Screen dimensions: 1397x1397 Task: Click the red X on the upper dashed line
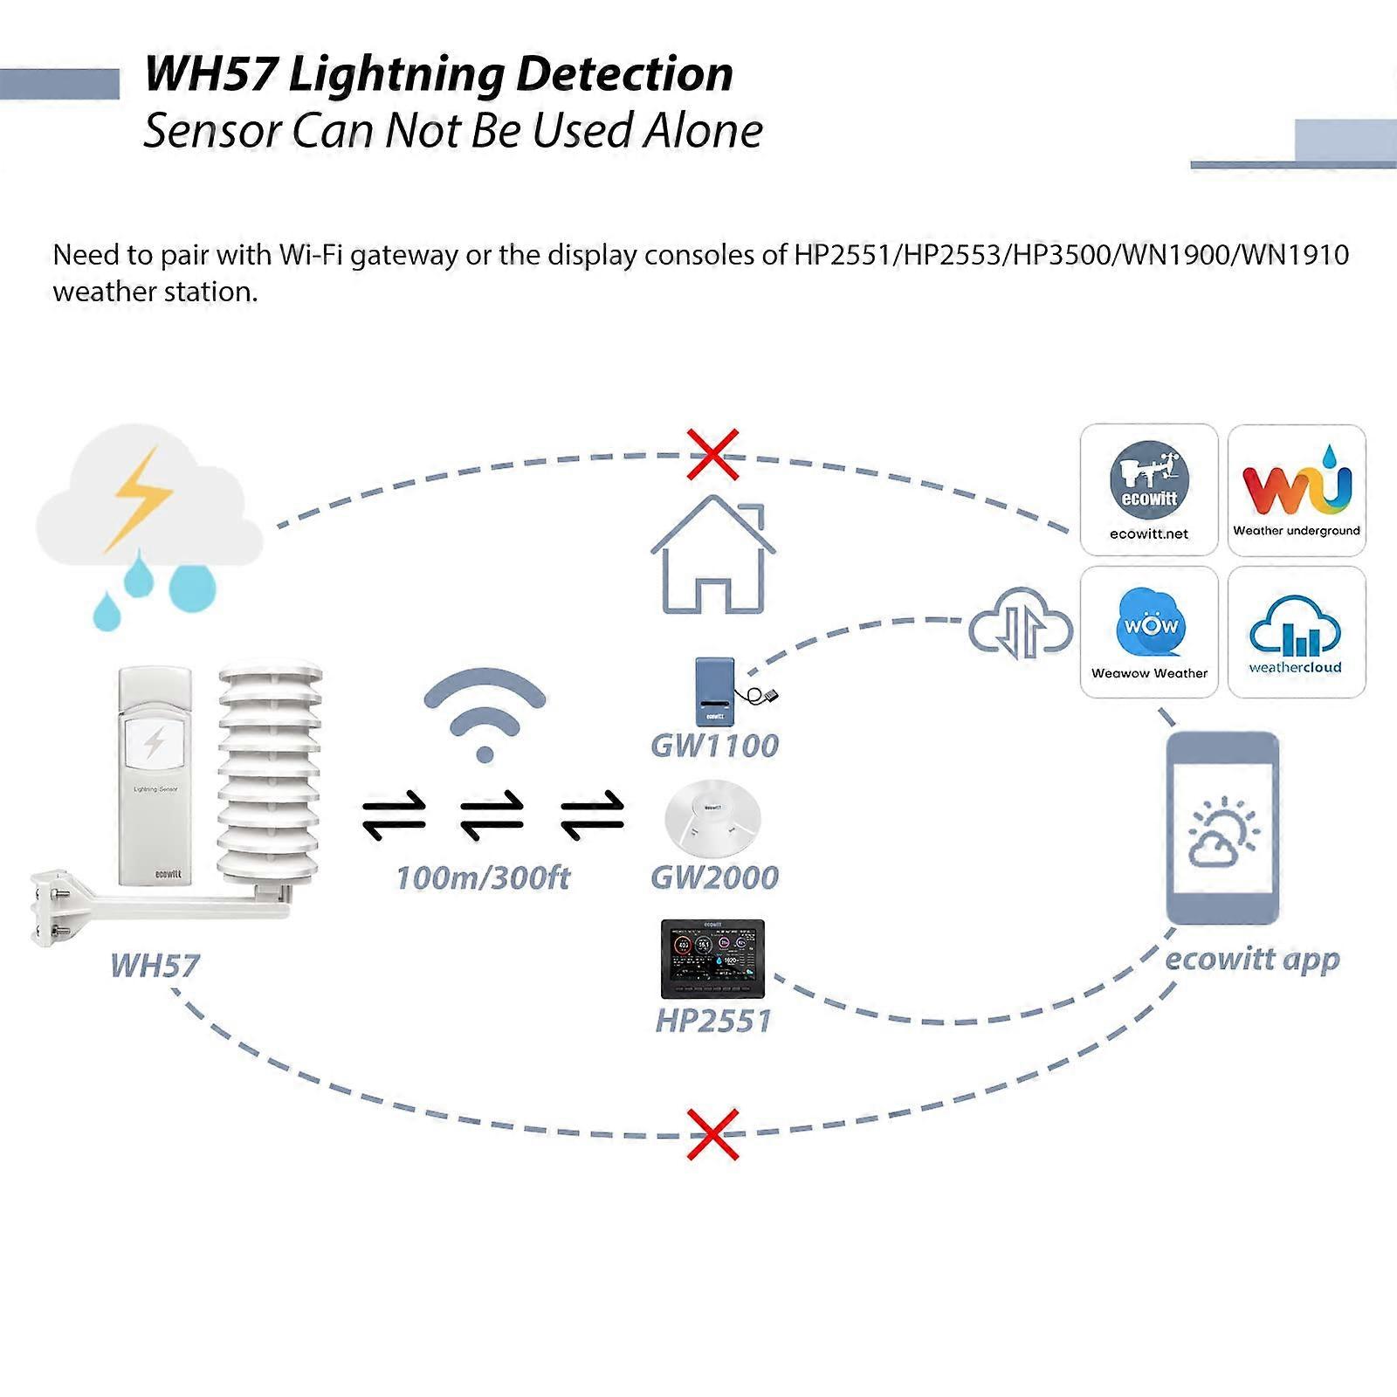click(x=712, y=454)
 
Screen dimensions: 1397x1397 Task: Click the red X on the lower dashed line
click(x=712, y=1134)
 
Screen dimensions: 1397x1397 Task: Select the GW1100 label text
click(x=714, y=746)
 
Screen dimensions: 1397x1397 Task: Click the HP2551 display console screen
click(x=712, y=957)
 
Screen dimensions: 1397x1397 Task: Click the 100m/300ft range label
click(x=483, y=877)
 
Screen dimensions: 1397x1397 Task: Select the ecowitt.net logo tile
click(x=1149, y=490)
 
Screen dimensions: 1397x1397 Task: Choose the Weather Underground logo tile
click(x=1297, y=490)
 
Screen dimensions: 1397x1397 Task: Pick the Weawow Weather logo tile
click(x=1149, y=632)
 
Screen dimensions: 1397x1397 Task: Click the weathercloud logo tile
click(x=1297, y=632)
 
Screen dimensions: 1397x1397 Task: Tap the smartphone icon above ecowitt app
click(x=1222, y=828)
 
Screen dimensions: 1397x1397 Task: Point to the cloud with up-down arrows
click(x=1021, y=625)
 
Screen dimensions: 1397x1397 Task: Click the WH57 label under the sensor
click(x=155, y=966)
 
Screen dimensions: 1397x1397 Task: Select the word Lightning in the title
click(x=396, y=74)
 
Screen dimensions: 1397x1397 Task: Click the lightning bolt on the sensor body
click(x=155, y=743)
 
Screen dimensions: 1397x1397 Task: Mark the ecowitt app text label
click(x=1252, y=959)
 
